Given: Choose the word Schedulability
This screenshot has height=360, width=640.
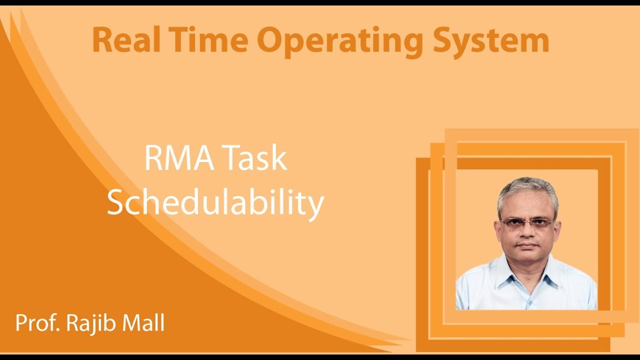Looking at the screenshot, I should [215, 203].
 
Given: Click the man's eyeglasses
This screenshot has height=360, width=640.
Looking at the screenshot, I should [527, 223].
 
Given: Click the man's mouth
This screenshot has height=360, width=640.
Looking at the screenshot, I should [527, 247].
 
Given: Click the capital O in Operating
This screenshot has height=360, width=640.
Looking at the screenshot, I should [271, 41].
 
